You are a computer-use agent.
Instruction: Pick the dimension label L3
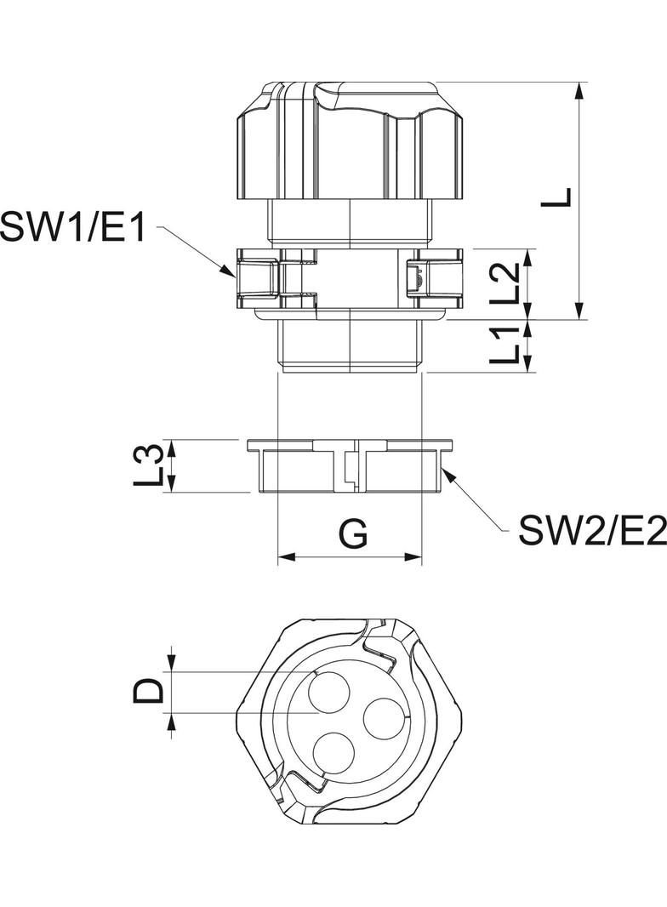click(150, 466)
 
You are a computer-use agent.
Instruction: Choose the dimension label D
click(150, 691)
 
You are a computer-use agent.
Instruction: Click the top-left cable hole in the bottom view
click(331, 690)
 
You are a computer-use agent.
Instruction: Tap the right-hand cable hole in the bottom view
click(383, 719)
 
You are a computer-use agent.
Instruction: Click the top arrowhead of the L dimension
click(581, 88)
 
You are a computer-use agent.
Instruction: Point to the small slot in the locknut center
click(350, 468)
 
